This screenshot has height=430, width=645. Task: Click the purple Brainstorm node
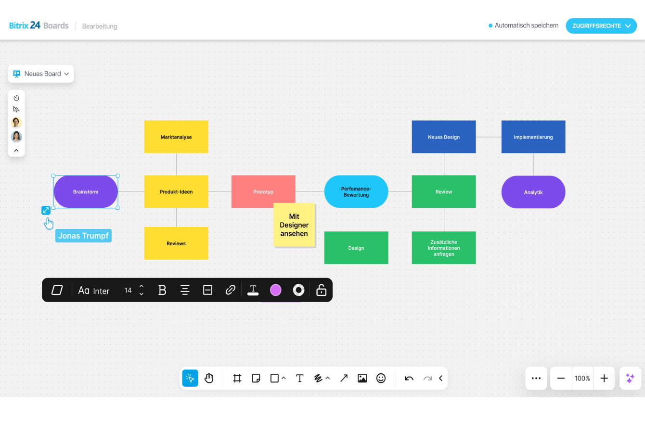point(85,192)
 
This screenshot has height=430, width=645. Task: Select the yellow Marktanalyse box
point(176,137)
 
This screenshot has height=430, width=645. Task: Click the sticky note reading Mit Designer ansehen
point(294,225)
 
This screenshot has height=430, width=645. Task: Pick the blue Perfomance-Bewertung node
point(356,192)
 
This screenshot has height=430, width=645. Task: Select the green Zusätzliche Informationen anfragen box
point(443,248)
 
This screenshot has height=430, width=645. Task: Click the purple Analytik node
point(533,192)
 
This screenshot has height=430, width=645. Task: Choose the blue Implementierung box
point(533,137)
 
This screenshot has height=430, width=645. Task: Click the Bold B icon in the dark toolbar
point(162,290)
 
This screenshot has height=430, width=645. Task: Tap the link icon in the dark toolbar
point(230,290)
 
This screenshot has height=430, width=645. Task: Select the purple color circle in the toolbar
point(275,290)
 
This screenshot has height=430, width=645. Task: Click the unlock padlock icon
point(321,290)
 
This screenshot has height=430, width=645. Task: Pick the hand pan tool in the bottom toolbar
point(209,378)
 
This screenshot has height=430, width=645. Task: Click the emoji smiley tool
point(381,378)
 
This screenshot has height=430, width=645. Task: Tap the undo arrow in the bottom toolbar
point(409,378)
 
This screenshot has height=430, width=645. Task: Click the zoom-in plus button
point(604,378)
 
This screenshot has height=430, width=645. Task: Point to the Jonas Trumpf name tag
point(83,236)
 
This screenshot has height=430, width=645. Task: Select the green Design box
point(356,248)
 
